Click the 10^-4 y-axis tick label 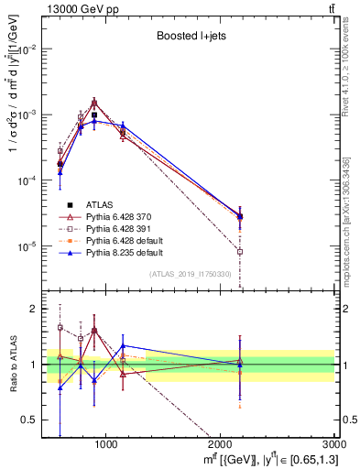click(x=29, y=181)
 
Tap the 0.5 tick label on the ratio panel click(x=32, y=420)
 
